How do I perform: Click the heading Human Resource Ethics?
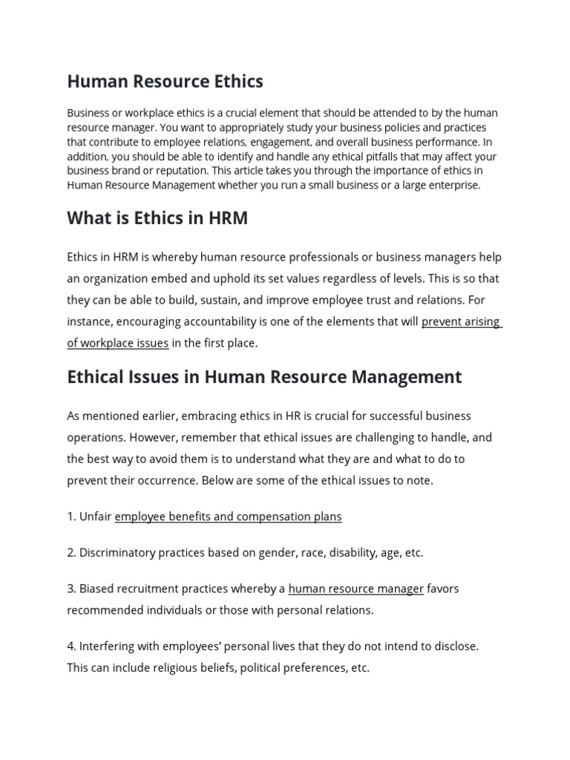point(165,81)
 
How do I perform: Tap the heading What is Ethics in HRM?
point(157,217)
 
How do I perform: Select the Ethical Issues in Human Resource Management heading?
point(264,377)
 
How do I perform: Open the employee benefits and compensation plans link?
point(228,517)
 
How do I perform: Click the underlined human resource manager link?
point(356,589)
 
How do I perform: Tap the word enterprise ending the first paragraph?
point(453,186)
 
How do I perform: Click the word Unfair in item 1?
point(96,517)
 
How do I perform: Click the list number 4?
point(71,646)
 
